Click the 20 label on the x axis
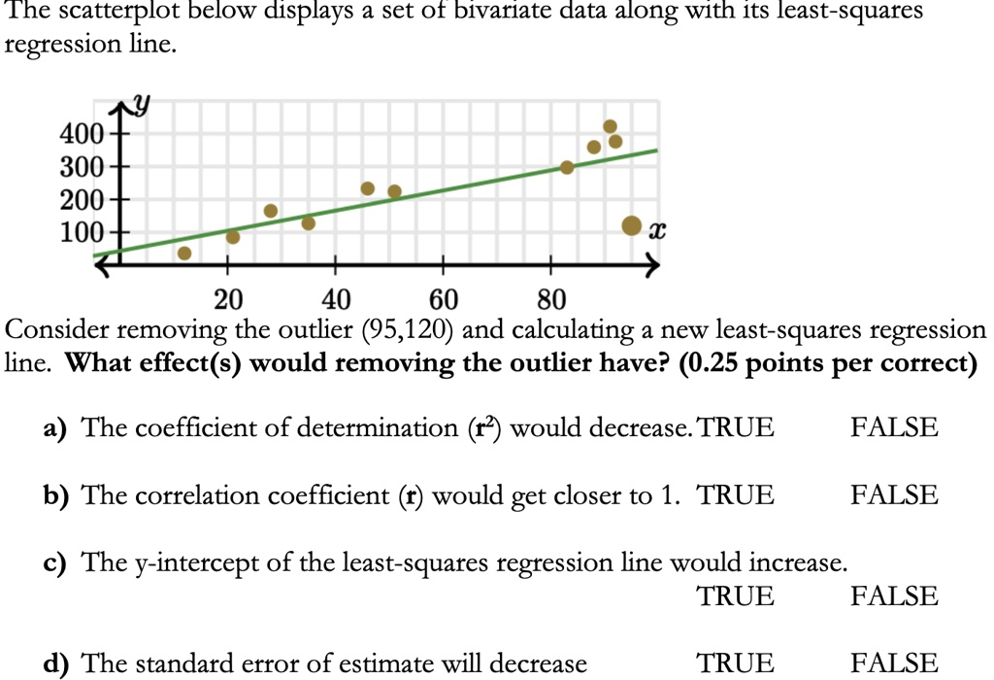pyautogui.click(x=228, y=298)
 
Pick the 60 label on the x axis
pyautogui.click(x=444, y=298)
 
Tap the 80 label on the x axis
pyautogui.click(x=550, y=298)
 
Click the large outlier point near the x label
pyautogui.click(x=631, y=226)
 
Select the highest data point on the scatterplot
pyautogui.click(x=610, y=126)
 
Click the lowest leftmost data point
pyautogui.click(x=184, y=254)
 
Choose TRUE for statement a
pyautogui.click(x=736, y=427)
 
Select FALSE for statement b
pyautogui.click(x=894, y=495)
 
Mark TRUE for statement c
pyautogui.click(x=736, y=595)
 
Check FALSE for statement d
pyautogui.click(x=894, y=663)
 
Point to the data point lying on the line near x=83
pyautogui.click(x=567, y=167)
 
